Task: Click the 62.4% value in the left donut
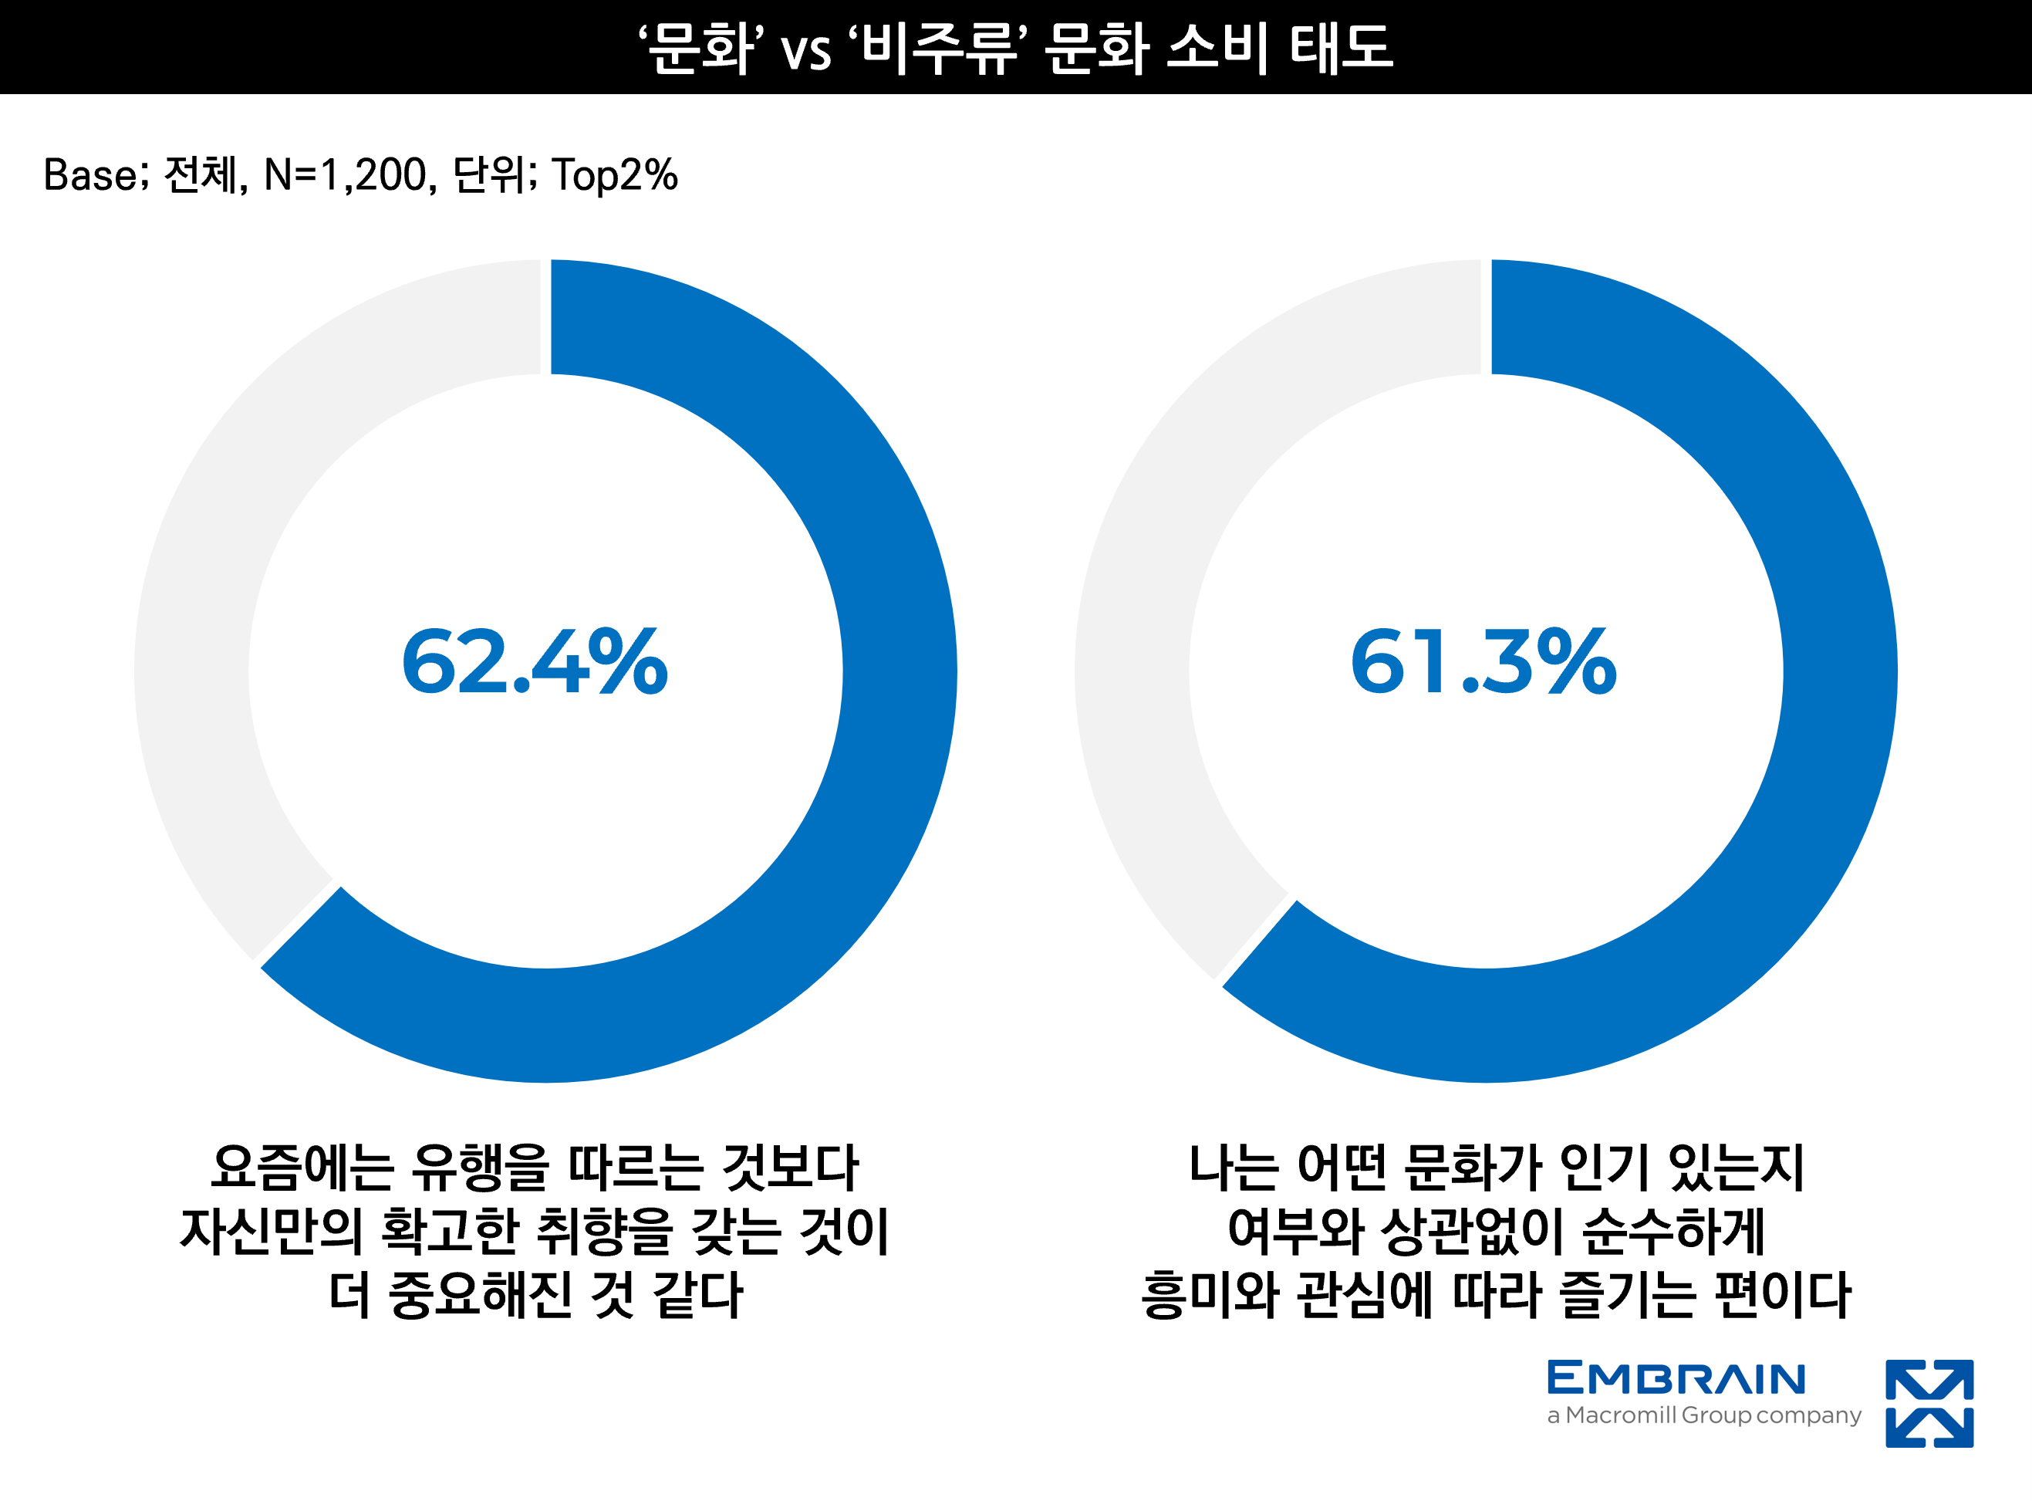click(x=535, y=662)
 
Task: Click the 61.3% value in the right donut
click(x=1483, y=662)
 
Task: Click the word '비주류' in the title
click(x=940, y=48)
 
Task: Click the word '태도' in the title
click(x=1342, y=48)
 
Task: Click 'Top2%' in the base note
click(x=615, y=175)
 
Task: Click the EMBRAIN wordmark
click(x=1676, y=1378)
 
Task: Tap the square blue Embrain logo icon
click(x=1929, y=1404)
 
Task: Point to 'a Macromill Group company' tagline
click(x=1704, y=1415)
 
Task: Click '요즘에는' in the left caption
click(x=302, y=1168)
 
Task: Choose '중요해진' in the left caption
click(x=481, y=1295)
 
